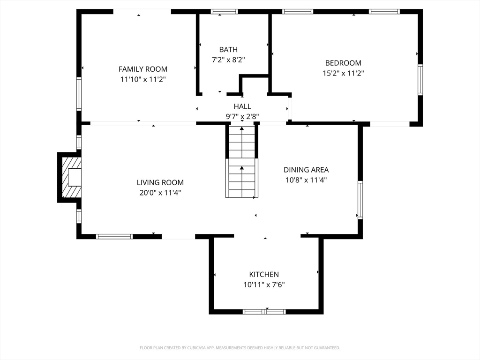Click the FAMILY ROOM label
[143, 69]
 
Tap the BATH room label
[228, 50]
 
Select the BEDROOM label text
[343, 63]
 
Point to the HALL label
[242, 106]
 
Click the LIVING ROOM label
[160, 182]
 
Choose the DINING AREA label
[306, 170]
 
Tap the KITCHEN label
[264, 274]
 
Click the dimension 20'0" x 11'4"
[160, 193]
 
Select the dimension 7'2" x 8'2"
[228, 60]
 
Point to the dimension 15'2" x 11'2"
[343, 74]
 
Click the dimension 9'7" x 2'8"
[242, 117]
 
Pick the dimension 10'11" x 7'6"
[264, 285]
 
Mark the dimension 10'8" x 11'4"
[306, 180]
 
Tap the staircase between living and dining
[242, 161]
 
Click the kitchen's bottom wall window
[264, 312]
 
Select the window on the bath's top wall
[225, 12]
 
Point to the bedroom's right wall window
[420, 80]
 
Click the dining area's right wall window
[360, 200]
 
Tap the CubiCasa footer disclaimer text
[240, 348]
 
